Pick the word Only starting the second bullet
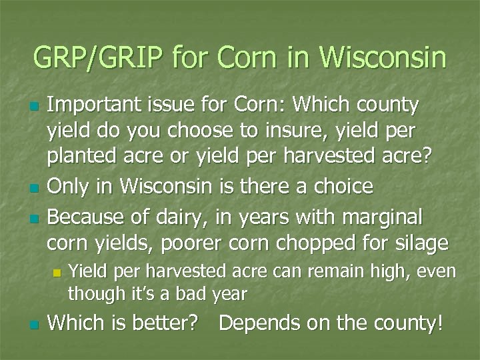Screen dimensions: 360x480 click(67, 186)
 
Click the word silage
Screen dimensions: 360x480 click(420, 243)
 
